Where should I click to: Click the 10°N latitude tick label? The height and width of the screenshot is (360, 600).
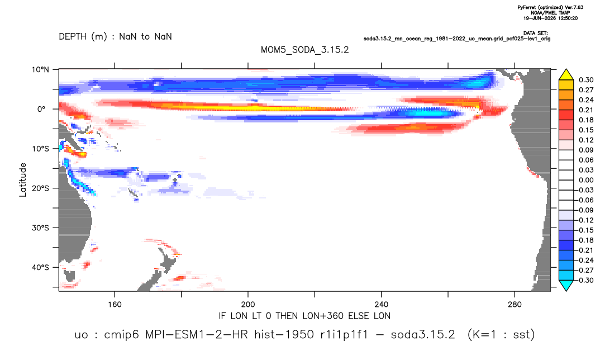[x=40, y=69]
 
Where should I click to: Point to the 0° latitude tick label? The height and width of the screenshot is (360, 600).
[x=41, y=109]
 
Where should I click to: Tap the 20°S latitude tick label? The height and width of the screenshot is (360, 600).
[x=40, y=188]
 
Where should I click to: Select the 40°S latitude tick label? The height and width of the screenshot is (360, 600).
[x=40, y=267]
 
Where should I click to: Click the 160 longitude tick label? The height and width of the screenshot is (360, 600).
[x=115, y=305]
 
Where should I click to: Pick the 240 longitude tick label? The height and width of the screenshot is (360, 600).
[x=382, y=305]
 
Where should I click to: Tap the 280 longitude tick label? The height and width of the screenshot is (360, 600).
[x=515, y=305]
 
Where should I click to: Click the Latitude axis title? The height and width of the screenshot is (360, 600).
[x=23, y=180]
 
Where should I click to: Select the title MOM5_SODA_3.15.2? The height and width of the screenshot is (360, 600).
[x=305, y=50]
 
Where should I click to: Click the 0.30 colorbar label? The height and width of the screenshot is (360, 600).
[x=586, y=80]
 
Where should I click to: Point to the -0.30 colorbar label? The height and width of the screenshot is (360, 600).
[x=585, y=280]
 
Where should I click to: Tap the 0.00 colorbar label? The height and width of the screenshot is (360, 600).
[x=586, y=180]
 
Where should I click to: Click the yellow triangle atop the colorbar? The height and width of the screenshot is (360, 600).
[x=566, y=75]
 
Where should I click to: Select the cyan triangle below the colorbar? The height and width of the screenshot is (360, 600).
[x=566, y=285]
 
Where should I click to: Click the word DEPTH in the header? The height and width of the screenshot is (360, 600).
[x=73, y=37]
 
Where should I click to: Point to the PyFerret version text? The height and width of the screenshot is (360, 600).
[x=550, y=7]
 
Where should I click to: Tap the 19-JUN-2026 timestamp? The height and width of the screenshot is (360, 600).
[x=550, y=18]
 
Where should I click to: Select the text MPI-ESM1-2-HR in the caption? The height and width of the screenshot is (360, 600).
[x=197, y=335]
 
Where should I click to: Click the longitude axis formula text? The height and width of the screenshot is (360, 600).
[x=304, y=316]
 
